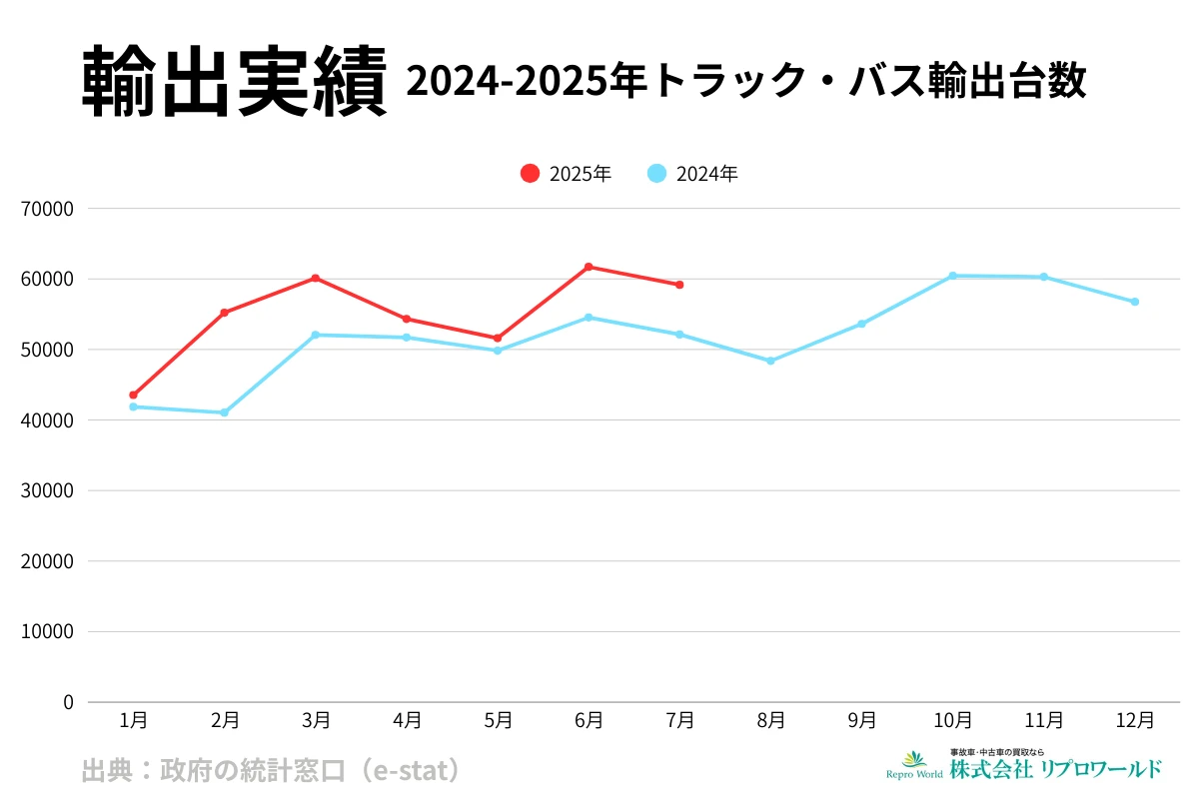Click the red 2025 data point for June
(589, 267)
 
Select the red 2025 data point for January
(133, 396)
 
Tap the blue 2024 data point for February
(224, 412)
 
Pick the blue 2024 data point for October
(952, 276)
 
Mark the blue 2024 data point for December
(1135, 302)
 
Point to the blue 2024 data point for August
(770, 361)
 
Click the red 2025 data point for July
(679, 285)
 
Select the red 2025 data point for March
(316, 278)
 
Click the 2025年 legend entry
(566, 174)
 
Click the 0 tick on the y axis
(68, 702)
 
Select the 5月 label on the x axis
(498, 720)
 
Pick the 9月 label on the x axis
(861, 720)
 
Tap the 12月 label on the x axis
(1135, 720)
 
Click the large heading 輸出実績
(234, 82)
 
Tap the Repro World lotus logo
(914, 761)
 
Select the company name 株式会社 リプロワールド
(1055, 769)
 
